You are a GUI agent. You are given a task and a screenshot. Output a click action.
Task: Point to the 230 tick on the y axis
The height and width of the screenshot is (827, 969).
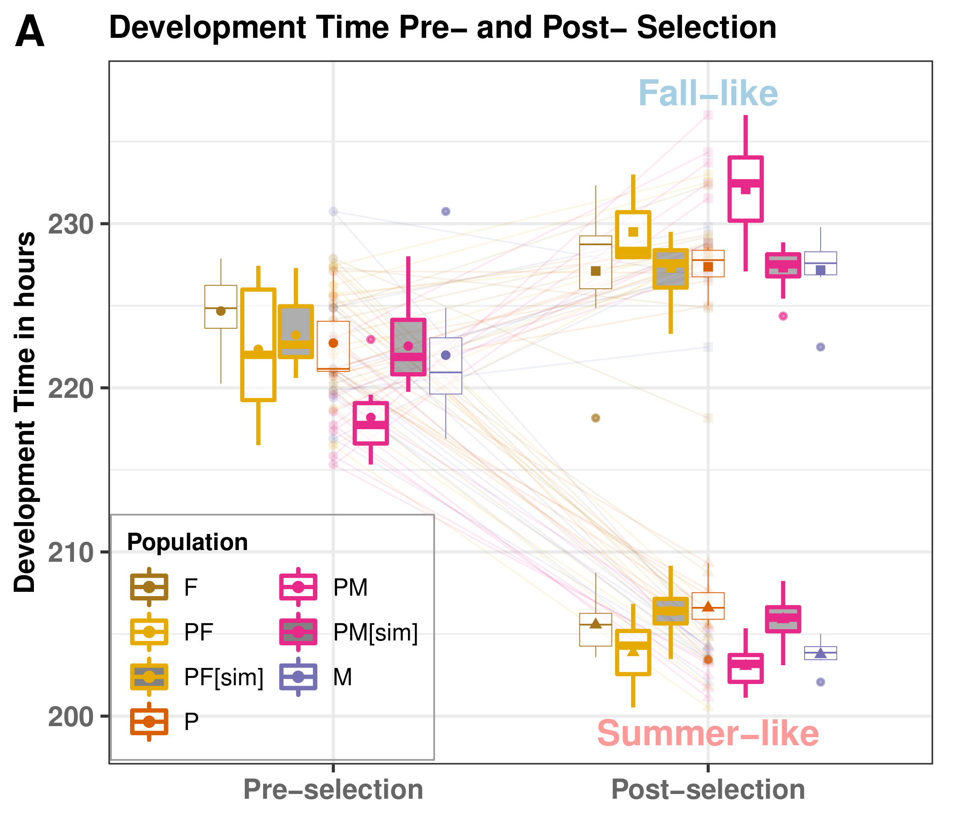click(71, 224)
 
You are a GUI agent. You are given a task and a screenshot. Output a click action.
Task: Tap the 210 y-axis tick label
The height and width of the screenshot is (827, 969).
click(71, 553)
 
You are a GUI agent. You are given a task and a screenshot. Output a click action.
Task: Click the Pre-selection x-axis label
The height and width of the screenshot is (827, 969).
click(333, 790)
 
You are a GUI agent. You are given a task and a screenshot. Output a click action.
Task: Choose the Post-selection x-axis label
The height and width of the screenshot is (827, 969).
click(708, 790)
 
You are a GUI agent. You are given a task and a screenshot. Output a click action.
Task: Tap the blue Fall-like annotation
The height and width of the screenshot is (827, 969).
click(708, 93)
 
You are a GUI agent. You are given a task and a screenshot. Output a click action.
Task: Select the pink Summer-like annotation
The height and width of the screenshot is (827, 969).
click(708, 734)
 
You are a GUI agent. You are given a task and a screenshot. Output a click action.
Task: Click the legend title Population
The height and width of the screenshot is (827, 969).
click(187, 542)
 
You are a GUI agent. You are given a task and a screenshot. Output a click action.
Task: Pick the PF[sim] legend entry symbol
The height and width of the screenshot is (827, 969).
click(149, 677)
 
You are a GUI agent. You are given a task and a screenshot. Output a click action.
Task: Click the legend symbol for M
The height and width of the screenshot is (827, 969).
click(298, 677)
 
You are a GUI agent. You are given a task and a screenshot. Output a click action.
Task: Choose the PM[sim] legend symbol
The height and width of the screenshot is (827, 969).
click(298, 632)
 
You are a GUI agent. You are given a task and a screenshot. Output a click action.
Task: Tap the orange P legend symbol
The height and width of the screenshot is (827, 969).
click(149, 721)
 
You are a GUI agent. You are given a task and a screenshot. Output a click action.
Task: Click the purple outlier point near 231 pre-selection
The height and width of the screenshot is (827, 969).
click(446, 212)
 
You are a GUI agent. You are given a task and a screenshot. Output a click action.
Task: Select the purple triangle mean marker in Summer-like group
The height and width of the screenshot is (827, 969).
click(820, 654)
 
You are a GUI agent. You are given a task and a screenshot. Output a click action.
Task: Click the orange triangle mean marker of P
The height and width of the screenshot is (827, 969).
click(708, 607)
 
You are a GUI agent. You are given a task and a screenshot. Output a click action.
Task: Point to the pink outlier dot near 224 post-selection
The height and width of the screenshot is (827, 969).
click(783, 316)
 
